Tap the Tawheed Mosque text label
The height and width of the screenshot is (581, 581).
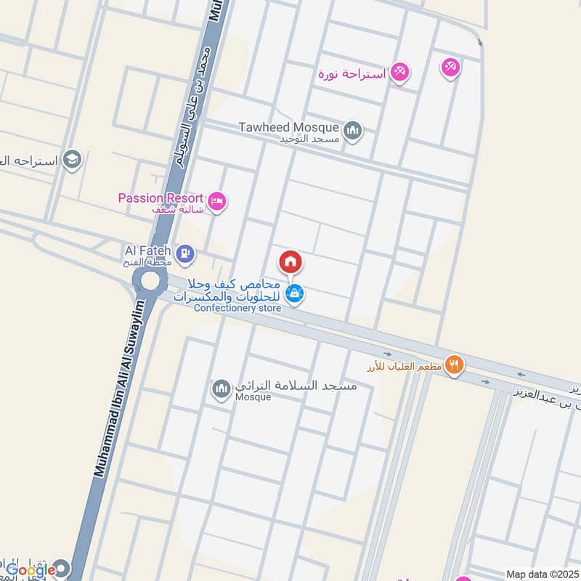pos(290,126)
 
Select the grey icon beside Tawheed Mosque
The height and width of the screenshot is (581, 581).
pos(353,131)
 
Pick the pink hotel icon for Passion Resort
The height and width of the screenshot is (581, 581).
pos(216,201)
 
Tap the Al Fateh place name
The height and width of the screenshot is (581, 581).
pos(147,250)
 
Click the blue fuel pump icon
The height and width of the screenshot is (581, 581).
pos(186,253)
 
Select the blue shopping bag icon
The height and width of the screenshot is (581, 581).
pos(294,293)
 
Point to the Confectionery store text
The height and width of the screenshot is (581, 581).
pos(237,309)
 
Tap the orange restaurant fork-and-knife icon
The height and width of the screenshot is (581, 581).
pos(455,365)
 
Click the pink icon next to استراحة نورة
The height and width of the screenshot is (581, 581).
pos(399,72)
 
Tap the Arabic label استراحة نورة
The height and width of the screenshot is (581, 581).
pos(352,73)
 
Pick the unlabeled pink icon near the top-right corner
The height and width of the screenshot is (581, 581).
pos(450,68)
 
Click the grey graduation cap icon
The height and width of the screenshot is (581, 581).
pos(71,159)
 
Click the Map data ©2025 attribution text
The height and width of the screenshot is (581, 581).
pos(542,574)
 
